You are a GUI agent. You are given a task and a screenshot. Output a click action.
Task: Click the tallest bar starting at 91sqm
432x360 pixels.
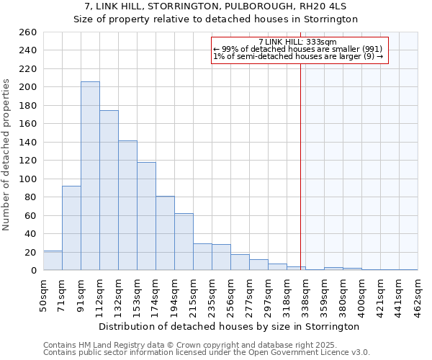click(90, 176)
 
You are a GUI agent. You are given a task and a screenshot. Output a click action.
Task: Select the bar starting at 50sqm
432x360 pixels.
click(53, 261)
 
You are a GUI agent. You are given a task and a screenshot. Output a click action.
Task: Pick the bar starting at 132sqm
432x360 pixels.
click(127, 206)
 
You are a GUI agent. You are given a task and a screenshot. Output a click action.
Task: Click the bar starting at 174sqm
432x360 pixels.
click(165, 233)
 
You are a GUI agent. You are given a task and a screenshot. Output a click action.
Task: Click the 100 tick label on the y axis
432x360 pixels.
click(29, 179)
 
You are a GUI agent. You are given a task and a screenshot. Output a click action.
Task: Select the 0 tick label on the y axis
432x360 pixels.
click(34, 271)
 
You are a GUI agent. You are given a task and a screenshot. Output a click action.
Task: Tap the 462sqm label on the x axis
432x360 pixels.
click(418, 294)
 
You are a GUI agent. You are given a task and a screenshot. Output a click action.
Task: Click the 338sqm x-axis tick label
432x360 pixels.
click(306, 294)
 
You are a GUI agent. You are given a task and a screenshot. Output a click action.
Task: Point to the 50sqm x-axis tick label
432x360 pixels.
click(44, 294)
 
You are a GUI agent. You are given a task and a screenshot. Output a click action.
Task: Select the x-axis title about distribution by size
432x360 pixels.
click(230, 326)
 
